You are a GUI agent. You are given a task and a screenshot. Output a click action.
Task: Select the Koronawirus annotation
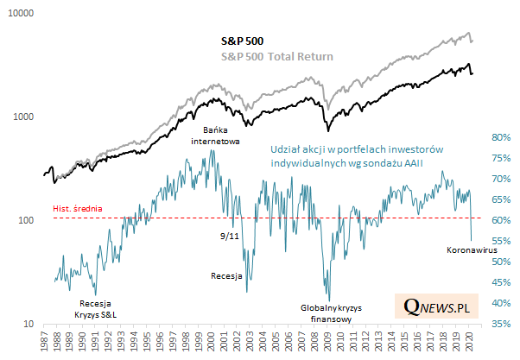473,251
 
